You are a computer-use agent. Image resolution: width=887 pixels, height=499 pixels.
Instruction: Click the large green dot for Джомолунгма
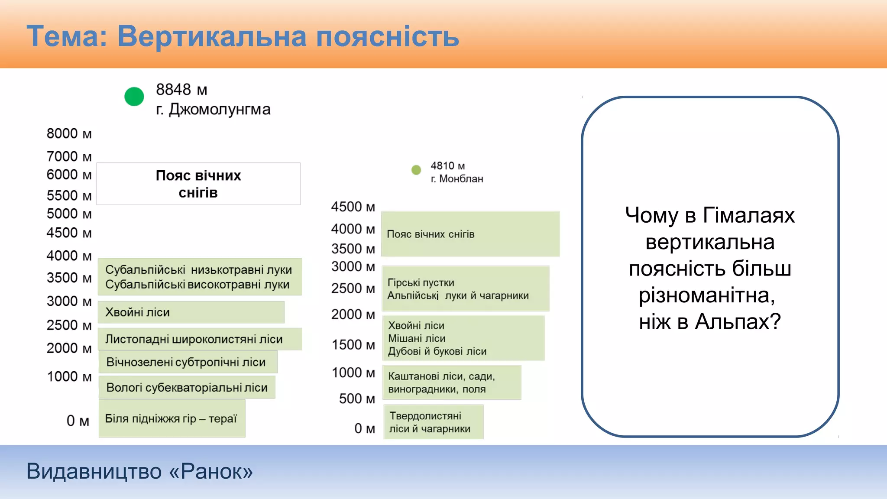[134, 96]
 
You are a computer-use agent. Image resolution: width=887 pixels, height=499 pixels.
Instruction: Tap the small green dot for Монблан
[416, 170]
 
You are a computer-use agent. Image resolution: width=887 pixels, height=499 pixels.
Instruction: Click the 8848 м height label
[181, 90]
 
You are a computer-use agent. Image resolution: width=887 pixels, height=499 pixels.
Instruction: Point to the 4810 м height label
[447, 166]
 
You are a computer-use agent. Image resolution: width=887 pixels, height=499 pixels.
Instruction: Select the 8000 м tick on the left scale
[69, 133]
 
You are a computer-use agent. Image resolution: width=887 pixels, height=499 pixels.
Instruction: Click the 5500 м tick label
[69, 195]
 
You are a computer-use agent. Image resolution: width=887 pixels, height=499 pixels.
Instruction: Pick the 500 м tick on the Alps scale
[356, 399]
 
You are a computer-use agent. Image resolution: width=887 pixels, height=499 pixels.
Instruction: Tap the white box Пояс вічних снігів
[198, 184]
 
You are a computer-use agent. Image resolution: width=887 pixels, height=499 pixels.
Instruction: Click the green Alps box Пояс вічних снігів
[470, 234]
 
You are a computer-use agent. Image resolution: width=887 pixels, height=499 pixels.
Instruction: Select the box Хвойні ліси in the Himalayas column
[191, 312]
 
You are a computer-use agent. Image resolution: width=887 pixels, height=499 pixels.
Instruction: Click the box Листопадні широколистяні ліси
[200, 339]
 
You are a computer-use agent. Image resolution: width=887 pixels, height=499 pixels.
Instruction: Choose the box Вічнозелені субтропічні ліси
[188, 362]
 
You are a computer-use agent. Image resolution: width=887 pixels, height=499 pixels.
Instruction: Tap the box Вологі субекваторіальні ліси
[187, 387]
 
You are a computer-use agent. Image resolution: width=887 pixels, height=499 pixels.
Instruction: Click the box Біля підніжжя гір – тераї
[172, 418]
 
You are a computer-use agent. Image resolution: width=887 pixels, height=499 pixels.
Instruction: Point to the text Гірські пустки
[421, 282]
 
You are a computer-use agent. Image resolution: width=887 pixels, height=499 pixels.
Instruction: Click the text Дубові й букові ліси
[437, 351]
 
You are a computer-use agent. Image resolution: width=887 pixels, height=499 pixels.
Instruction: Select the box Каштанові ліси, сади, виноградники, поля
[452, 382]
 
